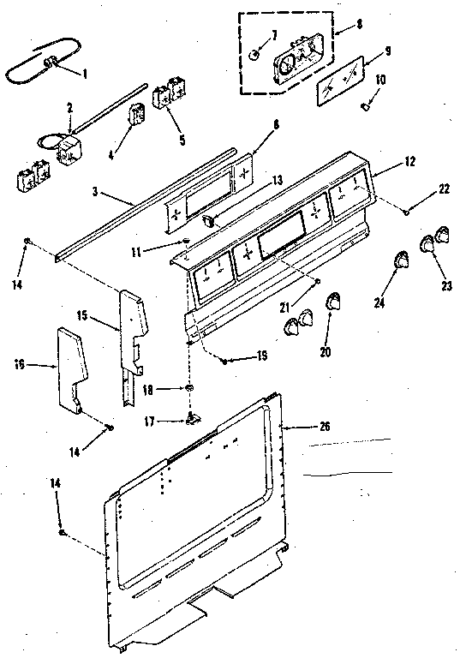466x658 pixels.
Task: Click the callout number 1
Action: [84, 73]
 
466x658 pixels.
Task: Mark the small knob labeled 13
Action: [209, 221]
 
